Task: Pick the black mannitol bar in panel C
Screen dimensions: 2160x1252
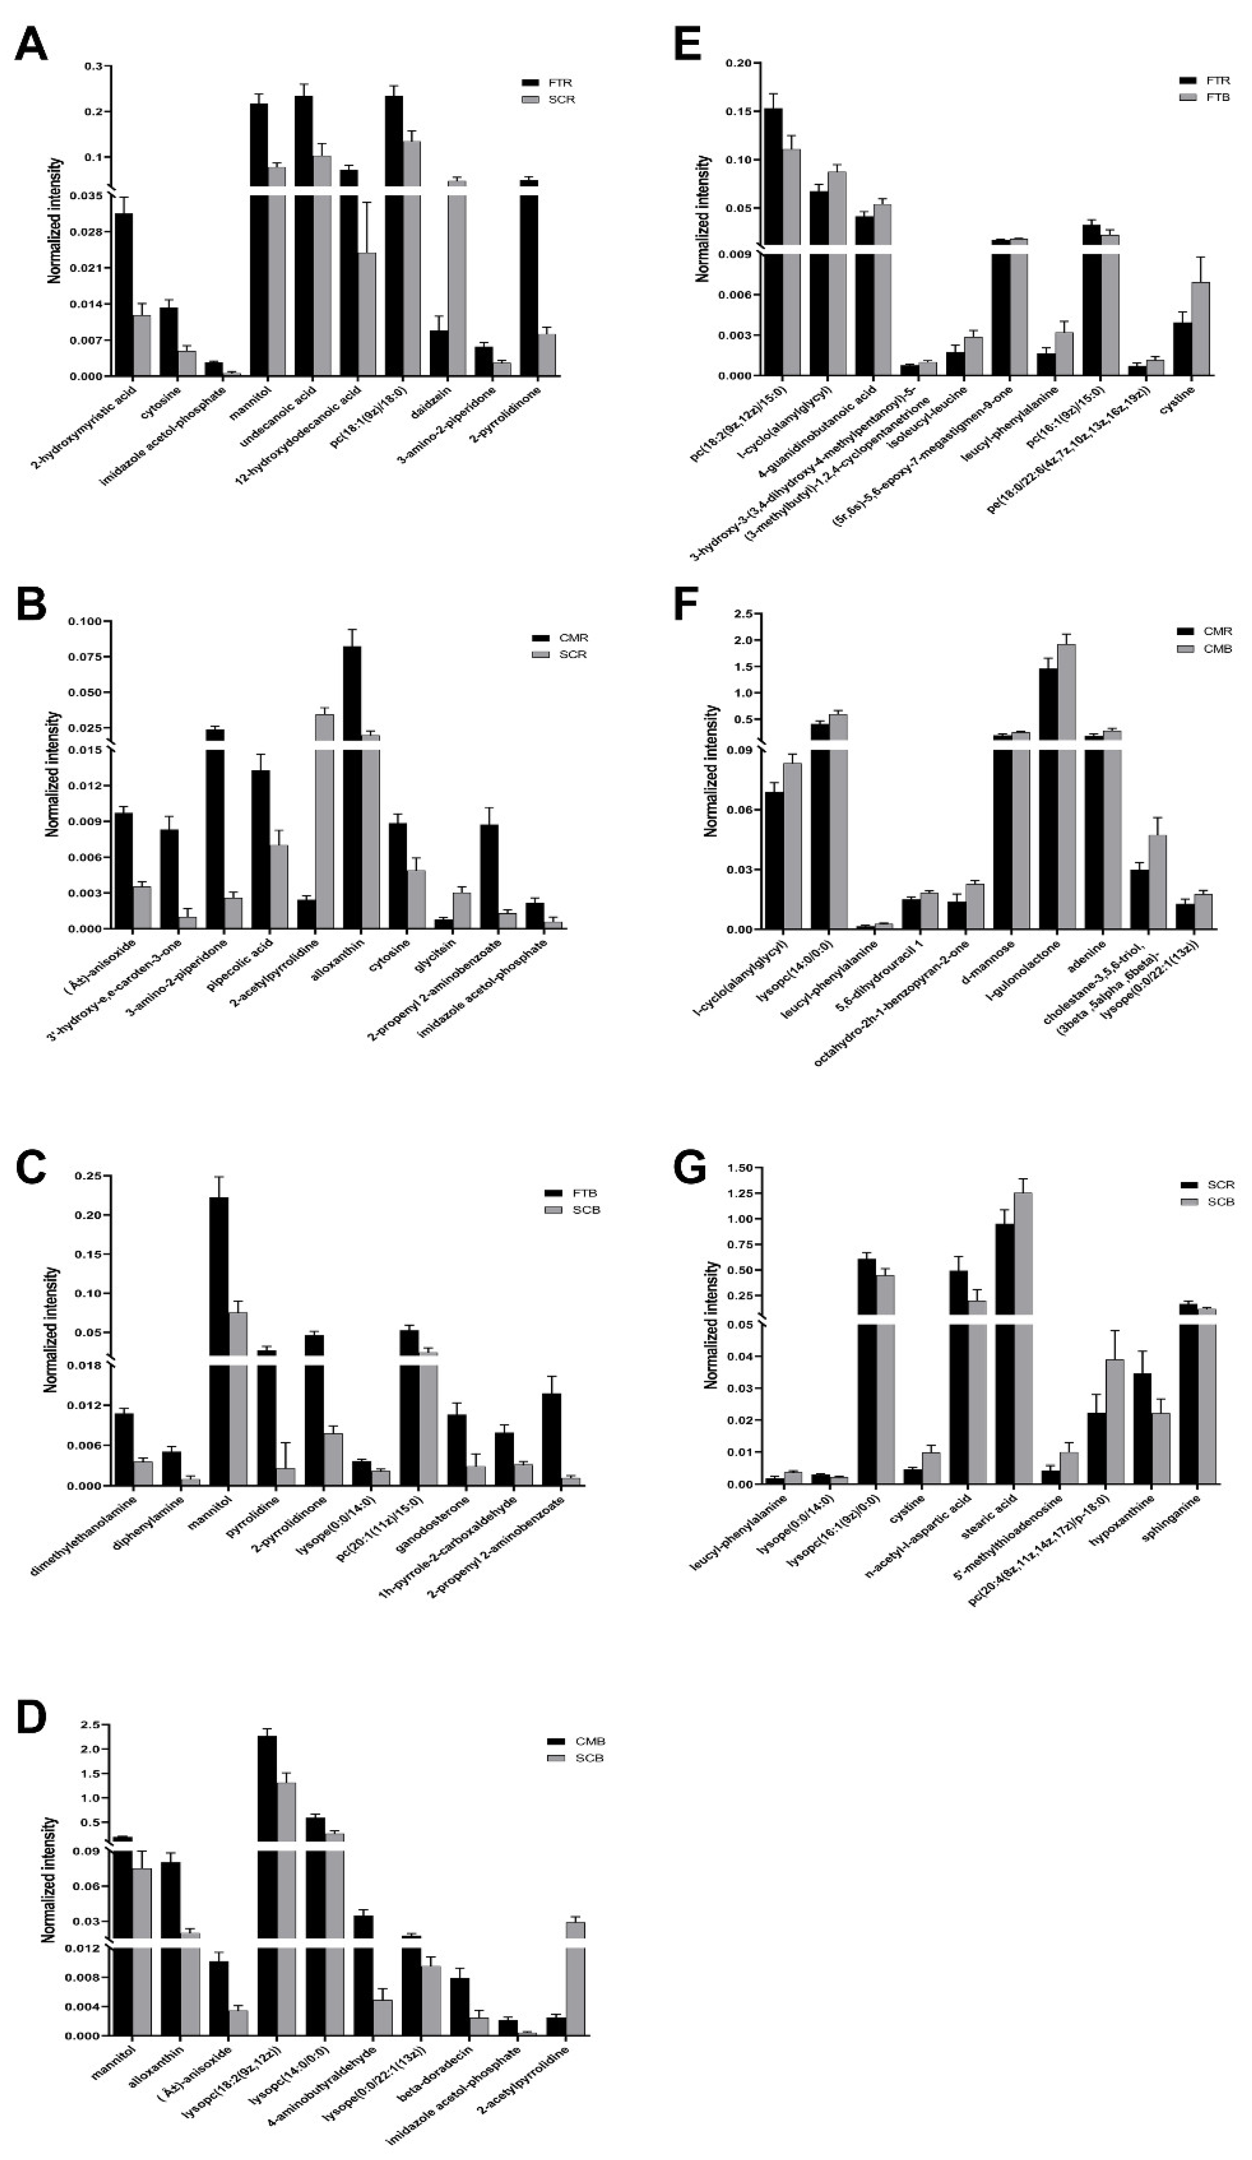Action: [x=219, y=1337]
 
